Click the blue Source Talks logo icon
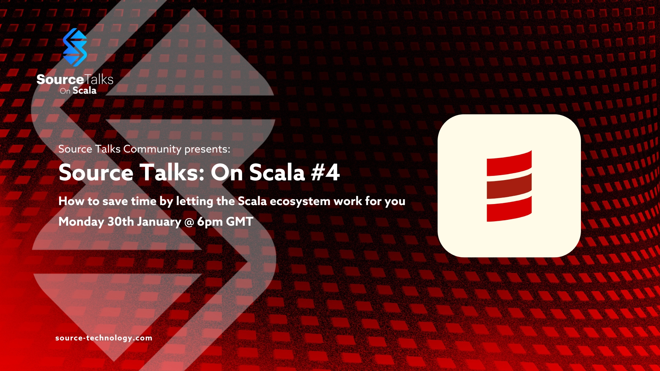point(75,47)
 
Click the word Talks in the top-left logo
point(99,79)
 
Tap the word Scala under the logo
point(84,91)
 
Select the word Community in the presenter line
point(152,149)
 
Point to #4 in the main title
point(325,172)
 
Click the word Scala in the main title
point(277,172)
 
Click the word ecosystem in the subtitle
point(300,202)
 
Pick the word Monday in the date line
point(81,222)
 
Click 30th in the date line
point(121,222)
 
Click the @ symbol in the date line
point(189,222)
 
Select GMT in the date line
point(240,222)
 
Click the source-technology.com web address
point(104,338)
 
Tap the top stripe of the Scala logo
point(509,163)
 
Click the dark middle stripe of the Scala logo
point(509,186)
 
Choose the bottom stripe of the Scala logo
point(509,209)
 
